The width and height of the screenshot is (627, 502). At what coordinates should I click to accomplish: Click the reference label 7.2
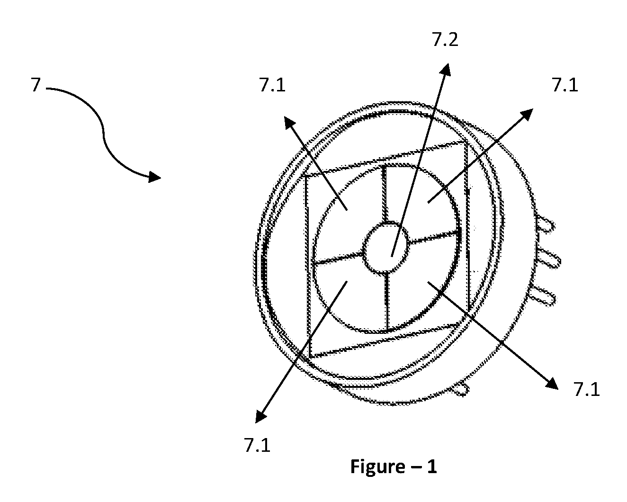click(x=445, y=40)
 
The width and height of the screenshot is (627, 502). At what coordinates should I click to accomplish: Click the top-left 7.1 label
click(x=272, y=85)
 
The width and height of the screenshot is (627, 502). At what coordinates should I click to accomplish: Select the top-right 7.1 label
click(x=564, y=85)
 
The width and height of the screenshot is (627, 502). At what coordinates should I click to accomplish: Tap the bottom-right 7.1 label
click(x=586, y=389)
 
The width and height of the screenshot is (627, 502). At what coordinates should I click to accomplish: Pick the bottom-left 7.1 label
click(x=257, y=445)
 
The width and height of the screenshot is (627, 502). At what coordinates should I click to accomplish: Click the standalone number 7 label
click(x=36, y=85)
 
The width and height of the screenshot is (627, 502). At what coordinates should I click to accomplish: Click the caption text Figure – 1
click(x=394, y=467)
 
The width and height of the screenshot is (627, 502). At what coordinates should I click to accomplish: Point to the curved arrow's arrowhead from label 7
click(x=154, y=177)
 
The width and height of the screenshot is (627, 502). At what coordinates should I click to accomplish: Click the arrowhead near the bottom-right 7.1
click(x=551, y=384)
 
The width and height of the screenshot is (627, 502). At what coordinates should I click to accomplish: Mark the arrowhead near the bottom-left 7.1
click(x=261, y=416)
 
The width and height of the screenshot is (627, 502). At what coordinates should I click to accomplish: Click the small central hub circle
click(x=386, y=248)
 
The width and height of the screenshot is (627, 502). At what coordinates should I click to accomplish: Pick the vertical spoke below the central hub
click(x=387, y=302)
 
